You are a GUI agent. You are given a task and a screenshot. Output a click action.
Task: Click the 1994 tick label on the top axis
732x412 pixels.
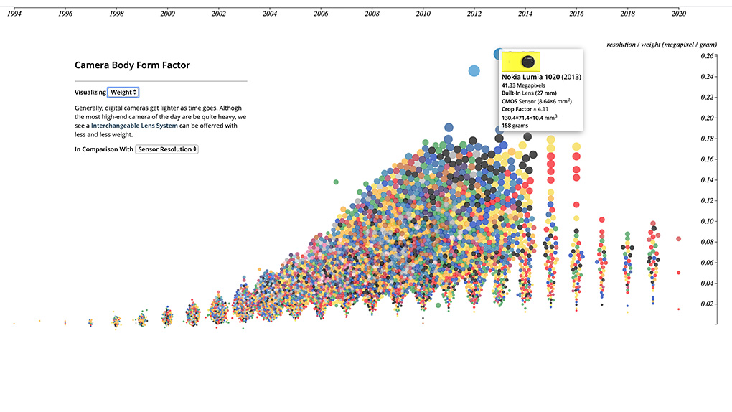pyautogui.click(x=14, y=14)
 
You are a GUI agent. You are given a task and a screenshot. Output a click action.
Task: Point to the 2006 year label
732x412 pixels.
pyautogui.click(x=321, y=14)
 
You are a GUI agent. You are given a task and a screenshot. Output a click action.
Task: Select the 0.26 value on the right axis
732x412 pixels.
pyautogui.click(x=706, y=56)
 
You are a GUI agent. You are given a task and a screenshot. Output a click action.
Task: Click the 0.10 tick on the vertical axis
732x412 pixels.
pyautogui.click(x=706, y=221)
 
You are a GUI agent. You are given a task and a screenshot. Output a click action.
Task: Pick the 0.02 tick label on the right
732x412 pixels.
pyautogui.click(x=706, y=304)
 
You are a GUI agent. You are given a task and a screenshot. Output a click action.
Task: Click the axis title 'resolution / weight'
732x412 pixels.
pyautogui.click(x=661, y=45)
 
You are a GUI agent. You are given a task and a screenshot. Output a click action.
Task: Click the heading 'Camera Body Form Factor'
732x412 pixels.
pyautogui.click(x=132, y=65)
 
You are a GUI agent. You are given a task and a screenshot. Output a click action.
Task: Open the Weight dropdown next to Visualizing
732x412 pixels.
pyautogui.click(x=123, y=93)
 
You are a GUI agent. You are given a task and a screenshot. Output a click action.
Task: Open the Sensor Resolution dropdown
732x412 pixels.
pyautogui.click(x=166, y=149)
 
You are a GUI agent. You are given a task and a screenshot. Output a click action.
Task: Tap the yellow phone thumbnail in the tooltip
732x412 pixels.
pyautogui.click(x=520, y=61)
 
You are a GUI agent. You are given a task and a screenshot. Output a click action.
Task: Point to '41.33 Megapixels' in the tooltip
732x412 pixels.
pyautogui.click(x=523, y=85)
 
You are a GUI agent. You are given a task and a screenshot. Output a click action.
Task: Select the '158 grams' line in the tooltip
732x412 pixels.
pyautogui.click(x=515, y=126)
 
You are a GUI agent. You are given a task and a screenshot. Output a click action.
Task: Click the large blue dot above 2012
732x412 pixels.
pyautogui.click(x=474, y=70)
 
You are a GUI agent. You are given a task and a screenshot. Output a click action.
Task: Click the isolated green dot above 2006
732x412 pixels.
pyautogui.click(x=335, y=182)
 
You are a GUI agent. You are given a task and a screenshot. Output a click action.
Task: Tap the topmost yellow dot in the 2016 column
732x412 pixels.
pyautogui.click(x=576, y=147)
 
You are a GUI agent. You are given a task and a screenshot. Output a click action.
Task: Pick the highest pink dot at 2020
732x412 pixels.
pyautogui.click(x=678, y=239)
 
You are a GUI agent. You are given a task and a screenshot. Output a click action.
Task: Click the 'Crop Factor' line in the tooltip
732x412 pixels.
pyautogui.click(x=525, y=109)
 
